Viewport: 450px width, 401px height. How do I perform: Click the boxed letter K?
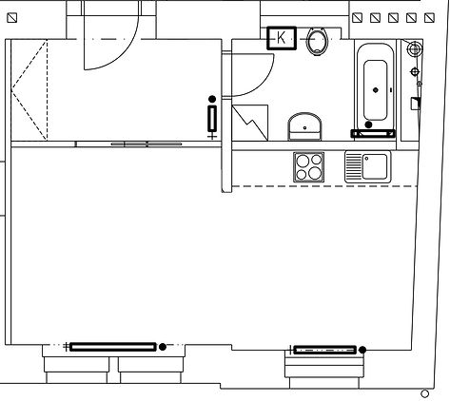282,38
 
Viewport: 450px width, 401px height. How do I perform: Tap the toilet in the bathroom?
317,41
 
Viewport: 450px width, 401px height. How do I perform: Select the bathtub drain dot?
376,90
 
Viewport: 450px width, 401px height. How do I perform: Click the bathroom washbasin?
304,126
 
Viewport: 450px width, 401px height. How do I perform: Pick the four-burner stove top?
309,167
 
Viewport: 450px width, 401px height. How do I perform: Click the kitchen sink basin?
375,166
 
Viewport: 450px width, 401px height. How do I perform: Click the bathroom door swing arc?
261,83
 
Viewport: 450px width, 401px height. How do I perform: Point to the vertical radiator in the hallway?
212,119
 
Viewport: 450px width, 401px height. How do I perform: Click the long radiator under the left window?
113,347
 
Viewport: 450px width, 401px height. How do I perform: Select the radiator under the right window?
325,350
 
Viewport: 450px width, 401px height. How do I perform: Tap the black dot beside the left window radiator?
163,347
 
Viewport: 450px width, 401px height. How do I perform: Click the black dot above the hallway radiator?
212,99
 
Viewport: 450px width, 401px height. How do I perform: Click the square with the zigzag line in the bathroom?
250,123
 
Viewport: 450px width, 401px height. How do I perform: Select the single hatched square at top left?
12,18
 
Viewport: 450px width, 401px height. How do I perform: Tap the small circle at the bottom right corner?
424,393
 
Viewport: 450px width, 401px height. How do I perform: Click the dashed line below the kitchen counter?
324,186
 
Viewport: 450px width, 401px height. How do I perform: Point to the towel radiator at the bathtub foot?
373,134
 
